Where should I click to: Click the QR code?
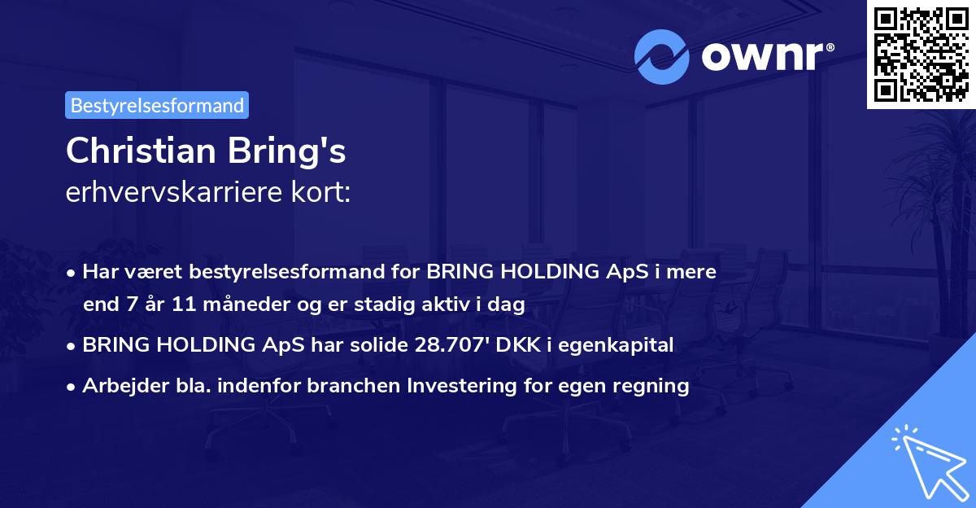coord(921,54)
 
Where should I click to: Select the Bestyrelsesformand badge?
coord(157,105)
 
